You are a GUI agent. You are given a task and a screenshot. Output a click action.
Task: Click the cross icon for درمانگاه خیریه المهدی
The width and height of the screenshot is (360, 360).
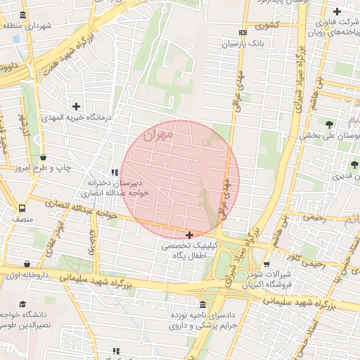click(x=76, y=106)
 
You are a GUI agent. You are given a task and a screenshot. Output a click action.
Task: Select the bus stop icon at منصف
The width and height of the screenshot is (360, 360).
click(x=22, y=209)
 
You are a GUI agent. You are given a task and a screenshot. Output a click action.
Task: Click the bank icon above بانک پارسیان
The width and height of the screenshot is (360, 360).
click(x=243, y=32)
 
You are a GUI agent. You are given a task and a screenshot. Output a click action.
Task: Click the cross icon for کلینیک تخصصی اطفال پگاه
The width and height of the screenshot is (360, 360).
click(x=189, y=234)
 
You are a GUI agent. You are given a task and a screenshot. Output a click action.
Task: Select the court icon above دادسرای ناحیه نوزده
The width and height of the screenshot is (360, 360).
click(x=203, y=305)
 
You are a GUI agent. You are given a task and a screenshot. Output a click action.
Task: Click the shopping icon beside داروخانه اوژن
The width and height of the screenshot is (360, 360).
click(x=27, y=264)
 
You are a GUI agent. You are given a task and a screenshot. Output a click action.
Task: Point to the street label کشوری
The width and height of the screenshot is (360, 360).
click(x=266, y=26)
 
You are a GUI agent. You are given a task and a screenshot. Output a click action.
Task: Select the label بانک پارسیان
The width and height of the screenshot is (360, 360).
click(x=242, y=44)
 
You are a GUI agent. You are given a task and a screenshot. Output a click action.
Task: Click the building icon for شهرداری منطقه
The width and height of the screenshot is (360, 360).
click(x=23, y=15)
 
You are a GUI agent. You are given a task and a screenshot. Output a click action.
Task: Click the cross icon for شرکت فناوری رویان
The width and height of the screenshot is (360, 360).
click(x=337, y=12)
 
